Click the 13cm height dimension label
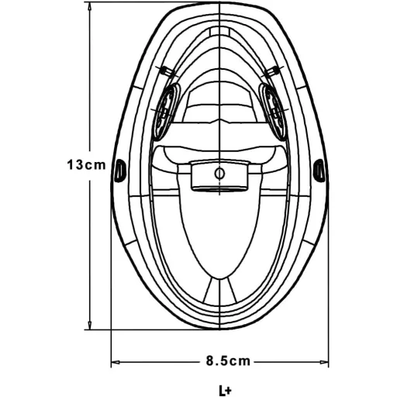click(86, 165)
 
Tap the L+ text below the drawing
click(225, 390)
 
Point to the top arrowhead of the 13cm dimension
click(90, 6)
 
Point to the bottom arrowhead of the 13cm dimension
click(90, 326)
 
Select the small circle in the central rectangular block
click(219, 174)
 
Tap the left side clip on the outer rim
click(119, 171)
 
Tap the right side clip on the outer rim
click(319, 171)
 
